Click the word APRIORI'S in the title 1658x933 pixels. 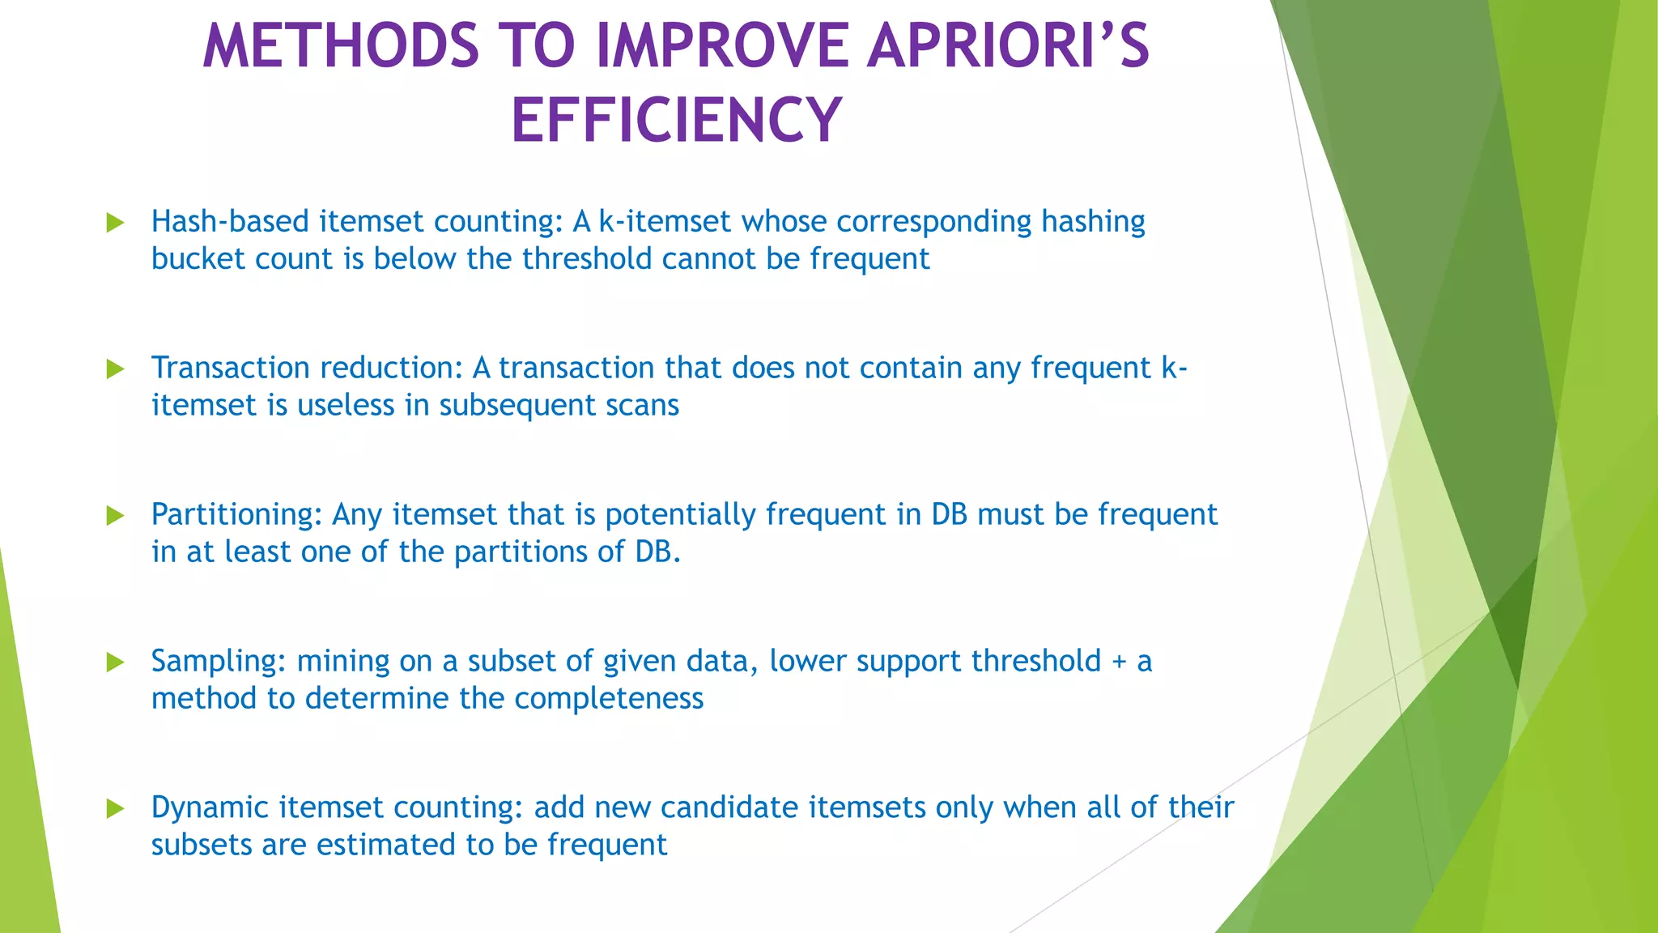1007,46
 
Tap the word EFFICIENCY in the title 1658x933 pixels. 677,121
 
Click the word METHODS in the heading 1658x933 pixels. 341,46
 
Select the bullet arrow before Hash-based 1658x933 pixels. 116,223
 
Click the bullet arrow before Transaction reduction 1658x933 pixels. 116,369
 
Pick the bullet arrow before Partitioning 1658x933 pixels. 116,516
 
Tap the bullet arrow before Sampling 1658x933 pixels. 116,662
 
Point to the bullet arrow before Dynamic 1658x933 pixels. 116,808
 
